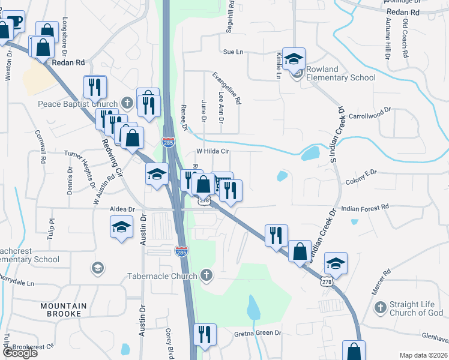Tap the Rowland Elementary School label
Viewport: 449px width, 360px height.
point(340,73)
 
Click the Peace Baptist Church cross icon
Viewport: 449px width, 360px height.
point(126,103)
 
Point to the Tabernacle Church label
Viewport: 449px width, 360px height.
point(162,277)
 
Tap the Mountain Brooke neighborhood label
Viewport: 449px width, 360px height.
point(60,310)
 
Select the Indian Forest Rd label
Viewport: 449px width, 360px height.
point(365,207)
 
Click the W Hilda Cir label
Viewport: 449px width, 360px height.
point(214,152)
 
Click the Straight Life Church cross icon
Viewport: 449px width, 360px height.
point(379,308)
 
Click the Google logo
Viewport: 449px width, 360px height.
point(19,353)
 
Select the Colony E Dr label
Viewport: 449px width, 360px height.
point(361,172)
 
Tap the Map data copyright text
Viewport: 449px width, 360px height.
point(423,355)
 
